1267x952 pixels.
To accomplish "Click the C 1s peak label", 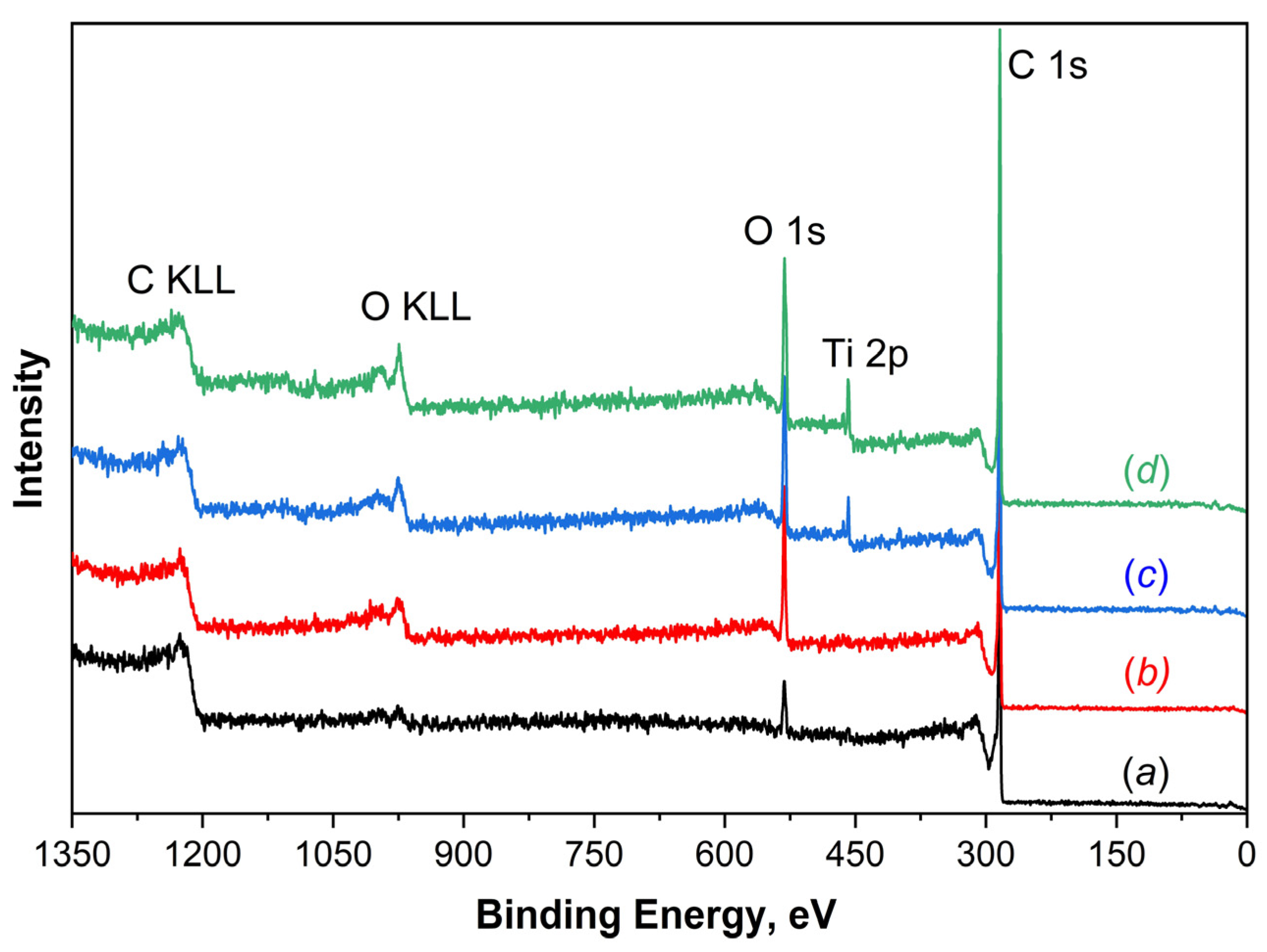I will [x=1047, y=66].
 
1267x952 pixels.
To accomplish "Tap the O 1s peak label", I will [x=784, y=232].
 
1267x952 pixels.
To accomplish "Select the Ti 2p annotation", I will [x=865, y=354].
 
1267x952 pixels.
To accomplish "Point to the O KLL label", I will [x=415, y=308].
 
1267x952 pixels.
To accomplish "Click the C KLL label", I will [x=181, y=281].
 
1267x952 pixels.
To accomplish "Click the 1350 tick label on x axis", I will [x=72, y=856].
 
